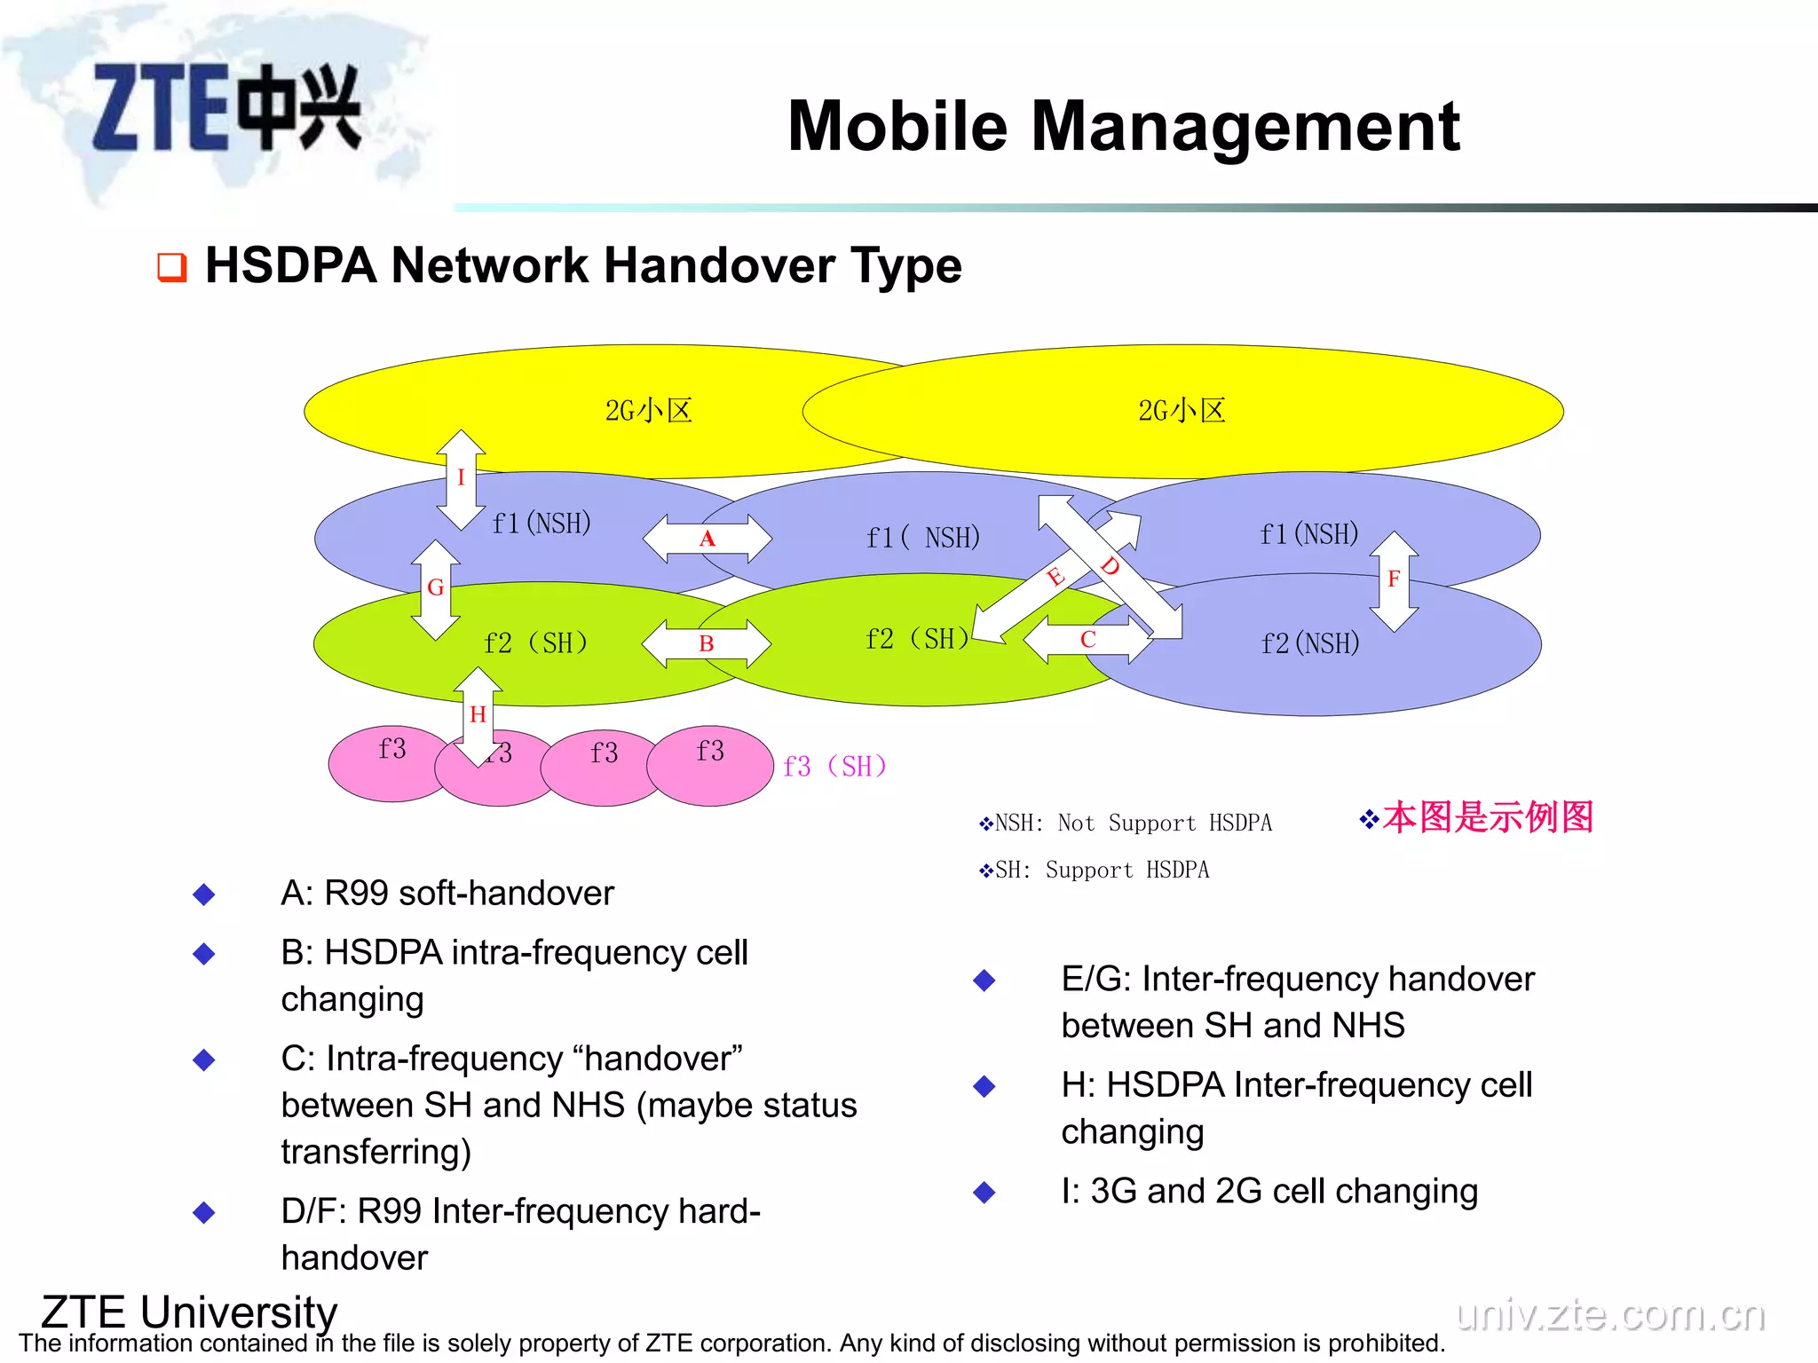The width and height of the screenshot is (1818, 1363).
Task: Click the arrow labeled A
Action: pos(707,539)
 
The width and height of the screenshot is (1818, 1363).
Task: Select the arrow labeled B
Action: pos(707,643)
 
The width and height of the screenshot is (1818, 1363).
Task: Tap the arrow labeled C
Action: pos(1088,640)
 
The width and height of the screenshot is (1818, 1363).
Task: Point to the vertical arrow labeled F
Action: pos(1394,580)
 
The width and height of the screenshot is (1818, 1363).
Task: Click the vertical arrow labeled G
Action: pos(435,588)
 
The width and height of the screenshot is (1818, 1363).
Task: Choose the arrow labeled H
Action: pos(478,715)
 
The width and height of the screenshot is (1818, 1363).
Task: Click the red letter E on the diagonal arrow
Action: pos(1055,578)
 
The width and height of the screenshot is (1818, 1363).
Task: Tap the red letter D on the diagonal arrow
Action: pos(1110,565)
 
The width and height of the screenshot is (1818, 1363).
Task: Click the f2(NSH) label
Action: pos(1310,643)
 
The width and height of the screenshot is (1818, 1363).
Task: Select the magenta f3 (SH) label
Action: pos(834,766)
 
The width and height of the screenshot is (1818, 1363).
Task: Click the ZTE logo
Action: pos(226,108)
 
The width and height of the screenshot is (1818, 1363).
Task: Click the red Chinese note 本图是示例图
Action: pos(1487,817)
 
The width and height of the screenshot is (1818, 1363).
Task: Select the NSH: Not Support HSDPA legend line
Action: pos(1126,823)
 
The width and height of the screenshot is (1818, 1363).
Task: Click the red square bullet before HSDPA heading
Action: pos(171,267)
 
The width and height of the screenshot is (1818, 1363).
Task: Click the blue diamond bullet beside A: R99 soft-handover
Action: pos(204,894)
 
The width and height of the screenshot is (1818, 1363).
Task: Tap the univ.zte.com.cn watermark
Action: pos(1610,1313)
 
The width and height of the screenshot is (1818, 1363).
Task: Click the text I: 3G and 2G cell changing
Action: pos(1269,1191)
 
